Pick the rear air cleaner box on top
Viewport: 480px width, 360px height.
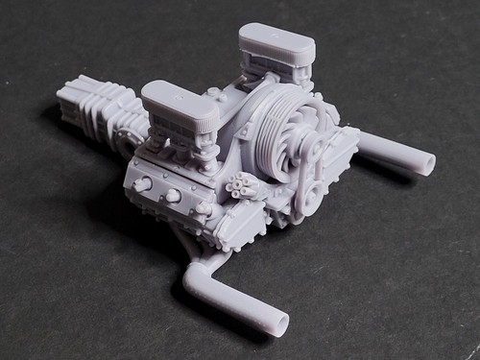click(276, 42)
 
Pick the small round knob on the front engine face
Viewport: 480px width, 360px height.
click(174, 196)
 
